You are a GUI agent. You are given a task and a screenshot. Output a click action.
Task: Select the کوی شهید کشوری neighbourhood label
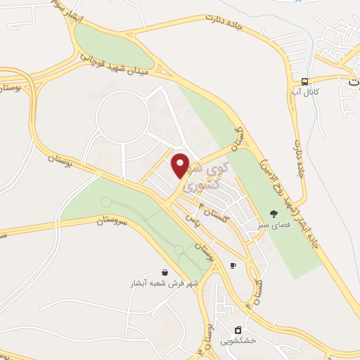(x=205, y=176)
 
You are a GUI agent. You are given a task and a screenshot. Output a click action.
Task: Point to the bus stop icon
(x=305, y=81)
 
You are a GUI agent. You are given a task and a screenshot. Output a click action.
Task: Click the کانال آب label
(x=306, y=91)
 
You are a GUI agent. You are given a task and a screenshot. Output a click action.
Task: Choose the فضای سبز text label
(x=273, y=224)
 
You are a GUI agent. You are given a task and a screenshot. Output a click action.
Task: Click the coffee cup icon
(x=233, y=265)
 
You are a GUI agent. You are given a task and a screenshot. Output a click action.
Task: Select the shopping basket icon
(x=165, y=272)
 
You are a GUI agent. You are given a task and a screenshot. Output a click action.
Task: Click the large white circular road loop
(x=122, y=117)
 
